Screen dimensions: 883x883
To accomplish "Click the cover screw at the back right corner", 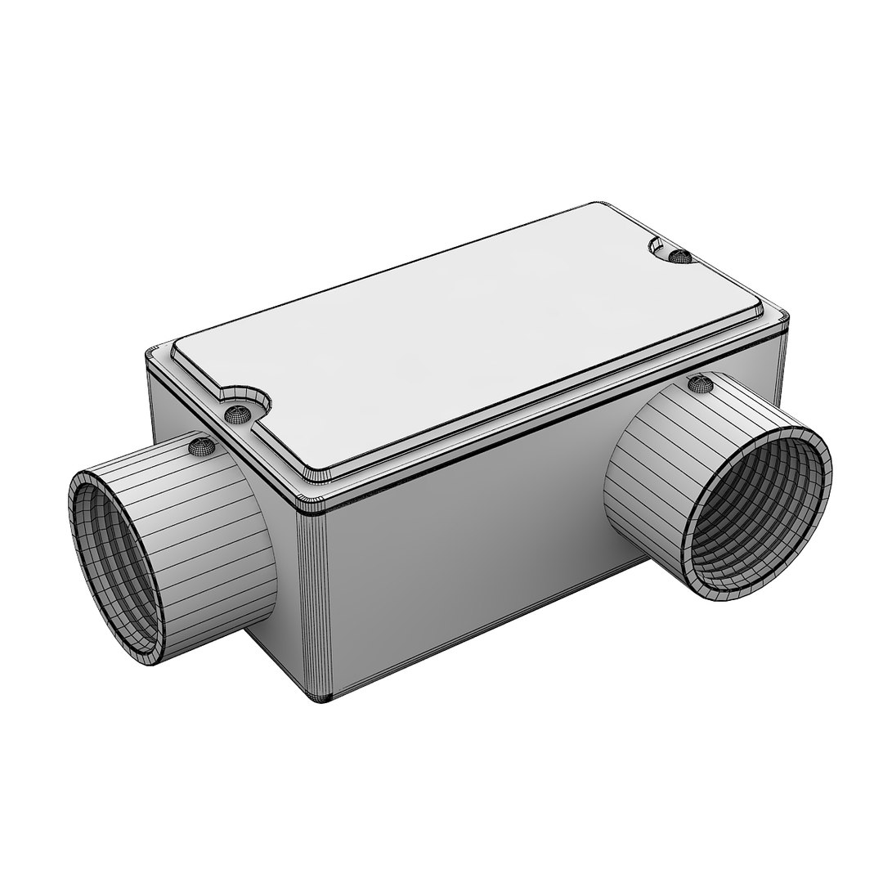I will point(679,257).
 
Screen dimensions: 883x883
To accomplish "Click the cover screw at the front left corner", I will point(239,415).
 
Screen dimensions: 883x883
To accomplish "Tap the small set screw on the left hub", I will point(200,446).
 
